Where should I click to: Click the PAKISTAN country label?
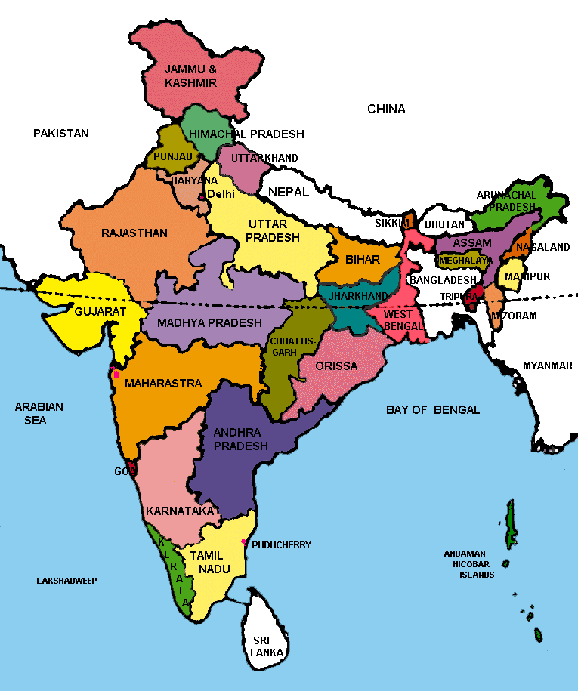click(60, 134)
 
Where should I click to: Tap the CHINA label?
click(386, 109)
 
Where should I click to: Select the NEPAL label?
click(289, 192)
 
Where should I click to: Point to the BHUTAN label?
click(444, 225)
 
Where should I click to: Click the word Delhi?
click(221, 194)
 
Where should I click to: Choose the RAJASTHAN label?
click(134, 233)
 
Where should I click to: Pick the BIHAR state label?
click(362, 260)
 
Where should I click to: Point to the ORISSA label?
click(337, 366)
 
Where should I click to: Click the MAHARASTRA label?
click(163, 384)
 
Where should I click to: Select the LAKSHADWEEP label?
click(66, 581)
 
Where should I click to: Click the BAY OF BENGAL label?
click(432, 410)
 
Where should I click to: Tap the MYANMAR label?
click(547, 366)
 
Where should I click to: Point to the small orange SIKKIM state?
click(409, 221)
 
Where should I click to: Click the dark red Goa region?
click(133, 470)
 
